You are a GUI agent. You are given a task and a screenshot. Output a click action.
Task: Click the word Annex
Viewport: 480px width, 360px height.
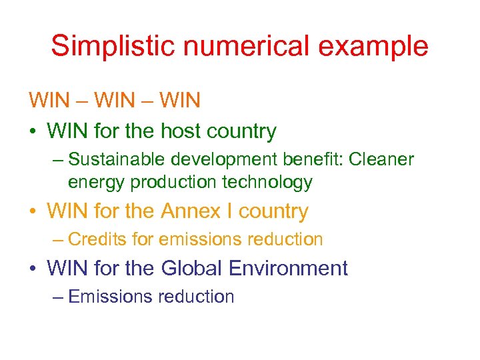tap(189, 212)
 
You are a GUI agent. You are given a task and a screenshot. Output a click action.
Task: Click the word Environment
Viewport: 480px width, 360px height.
tap(288, 269)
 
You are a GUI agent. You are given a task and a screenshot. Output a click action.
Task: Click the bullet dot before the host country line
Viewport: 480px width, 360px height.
tap(33, 132)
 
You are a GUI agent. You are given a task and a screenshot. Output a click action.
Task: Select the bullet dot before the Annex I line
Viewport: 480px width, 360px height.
tap(33, 213)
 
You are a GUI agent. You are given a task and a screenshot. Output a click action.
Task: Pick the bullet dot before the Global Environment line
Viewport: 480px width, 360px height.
tap(33, 269)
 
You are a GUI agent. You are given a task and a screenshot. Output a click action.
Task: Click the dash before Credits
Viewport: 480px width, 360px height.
tap(58, 239)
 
